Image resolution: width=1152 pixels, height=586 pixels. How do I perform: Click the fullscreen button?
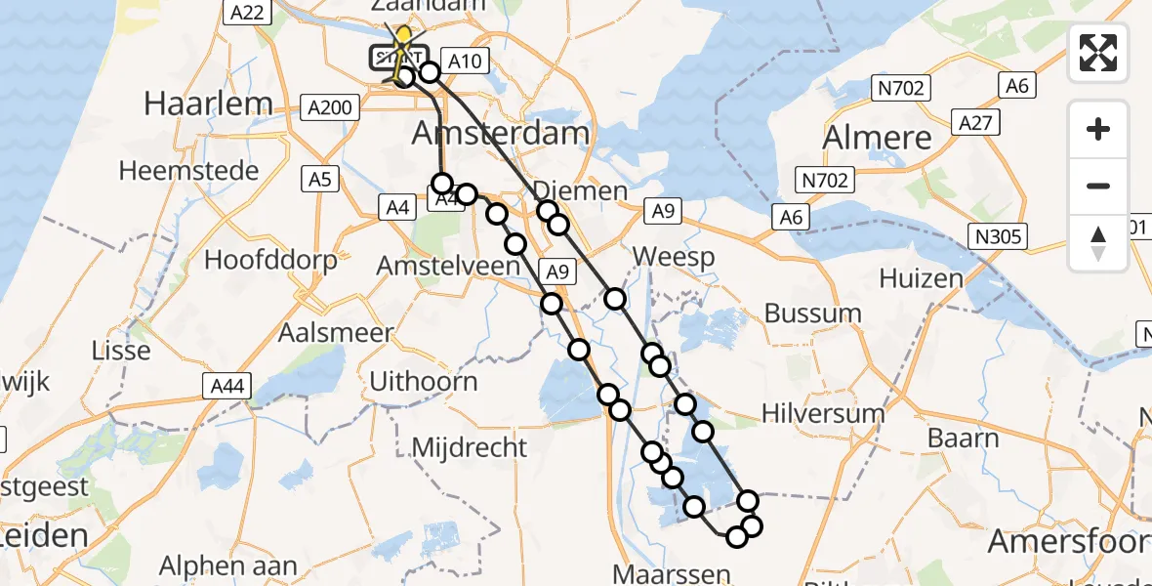click(1098, 52)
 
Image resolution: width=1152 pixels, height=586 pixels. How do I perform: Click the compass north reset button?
click(1098, 243)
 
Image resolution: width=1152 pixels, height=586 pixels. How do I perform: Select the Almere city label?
click(878, 138)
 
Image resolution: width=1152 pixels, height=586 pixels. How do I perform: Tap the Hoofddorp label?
click(270, 260)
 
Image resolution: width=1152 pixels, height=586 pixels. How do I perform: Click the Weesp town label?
click(674, 258)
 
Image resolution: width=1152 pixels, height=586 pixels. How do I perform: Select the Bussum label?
click(813, 314)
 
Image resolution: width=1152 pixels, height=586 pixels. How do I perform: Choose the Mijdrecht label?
click(470, 447)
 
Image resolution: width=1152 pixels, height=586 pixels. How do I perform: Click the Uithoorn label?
click(424, 381)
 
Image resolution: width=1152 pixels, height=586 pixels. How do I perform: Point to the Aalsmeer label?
click(335, 332)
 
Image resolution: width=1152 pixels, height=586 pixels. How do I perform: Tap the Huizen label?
click(921, 278)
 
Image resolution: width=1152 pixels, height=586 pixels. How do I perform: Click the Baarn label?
click(963, 438)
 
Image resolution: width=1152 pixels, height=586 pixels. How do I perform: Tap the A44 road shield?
click(227, 388)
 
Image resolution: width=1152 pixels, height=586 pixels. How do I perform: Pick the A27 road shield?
click(977, 123)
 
